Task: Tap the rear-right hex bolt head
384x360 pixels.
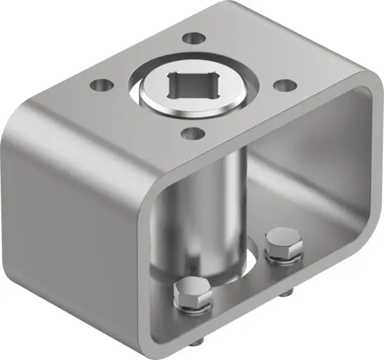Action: click(x=283, y=244)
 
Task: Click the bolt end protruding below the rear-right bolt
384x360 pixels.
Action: click(x=284, y=294)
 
